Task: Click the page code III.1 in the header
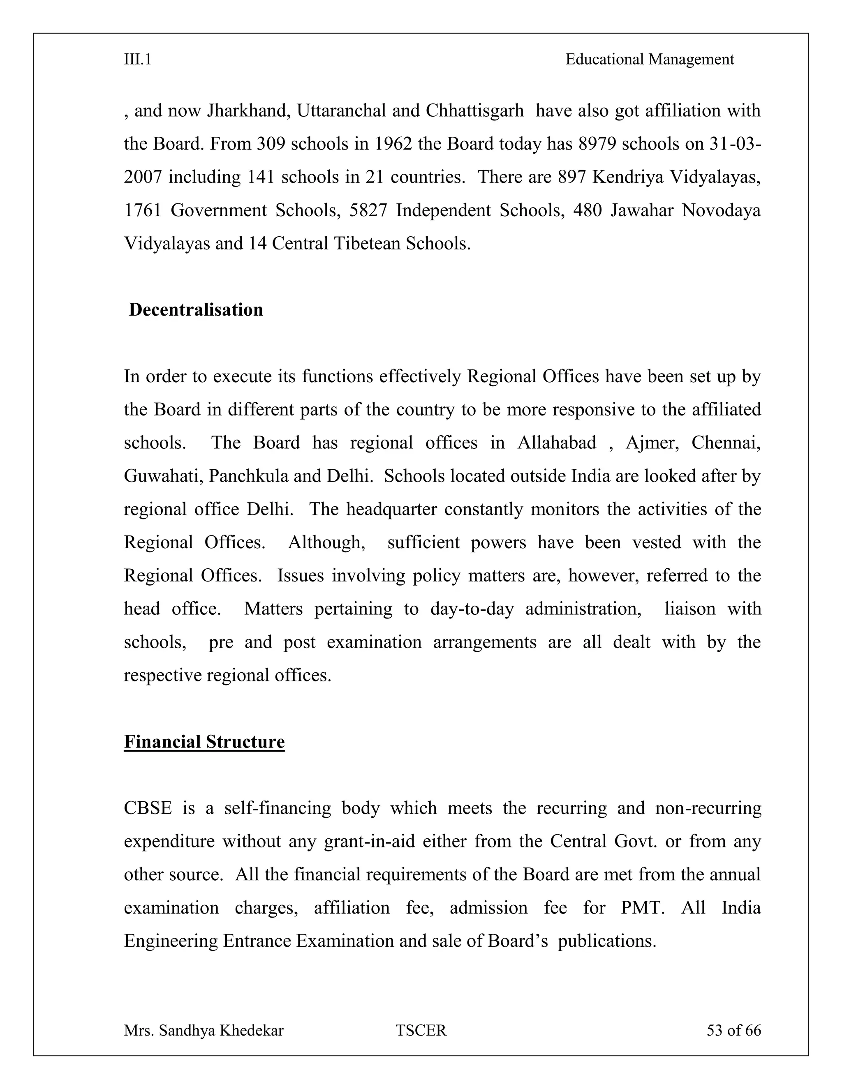tap(138, 60)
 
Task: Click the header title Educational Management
tap(650, 60)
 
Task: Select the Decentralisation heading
tap(196, 310)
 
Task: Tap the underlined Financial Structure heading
tap(204, 741)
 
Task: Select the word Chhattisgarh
tap(474, 111)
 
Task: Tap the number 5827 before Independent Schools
tap(368, 210)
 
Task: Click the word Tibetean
tap(367, 244)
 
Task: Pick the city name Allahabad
tap(556, 443)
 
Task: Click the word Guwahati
tap(163, 476)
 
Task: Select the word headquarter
tap(391, 509)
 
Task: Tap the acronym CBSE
tap(148, 808)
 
